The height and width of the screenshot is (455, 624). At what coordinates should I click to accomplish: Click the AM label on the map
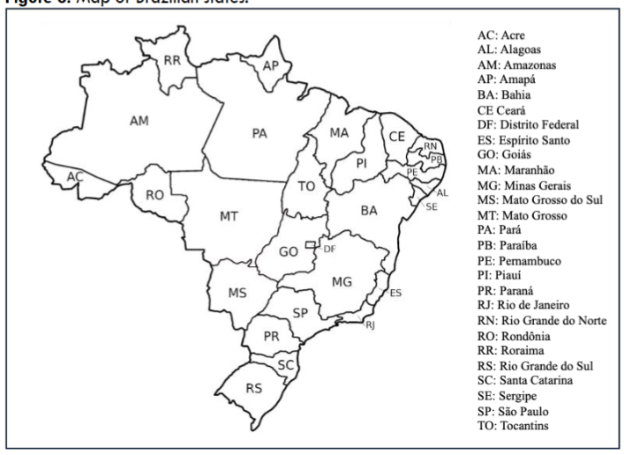[x=139, y=122]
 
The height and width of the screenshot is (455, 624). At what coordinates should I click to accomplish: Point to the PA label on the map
[x=259, y=133]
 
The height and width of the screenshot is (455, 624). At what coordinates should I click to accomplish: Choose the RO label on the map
[x=154, y=195]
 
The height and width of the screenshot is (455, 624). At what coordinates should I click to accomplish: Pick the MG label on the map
[x=342, y=280]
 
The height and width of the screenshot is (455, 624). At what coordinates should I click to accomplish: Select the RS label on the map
[x=253, y=388]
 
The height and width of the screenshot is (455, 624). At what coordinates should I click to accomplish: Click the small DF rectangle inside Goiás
[x=310, y=243]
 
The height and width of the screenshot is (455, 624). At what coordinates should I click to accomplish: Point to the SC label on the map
[x=284, y=363]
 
